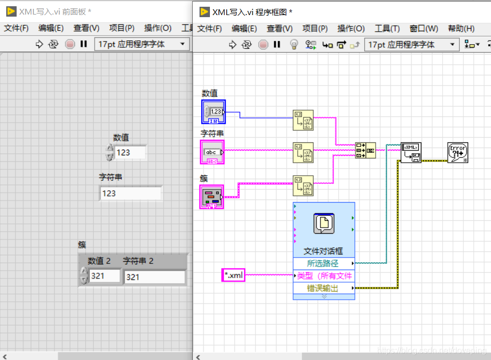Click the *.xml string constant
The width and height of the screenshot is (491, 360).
[233, 275]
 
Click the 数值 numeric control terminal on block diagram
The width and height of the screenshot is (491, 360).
[213, 112]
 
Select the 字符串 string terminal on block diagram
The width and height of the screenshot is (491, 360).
[212, 152]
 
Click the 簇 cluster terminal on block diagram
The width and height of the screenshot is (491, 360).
[211, 197]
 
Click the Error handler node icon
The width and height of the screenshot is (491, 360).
[458, 152]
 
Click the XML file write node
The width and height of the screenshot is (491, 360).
[411, 152]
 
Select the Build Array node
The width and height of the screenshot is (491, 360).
[365, 150]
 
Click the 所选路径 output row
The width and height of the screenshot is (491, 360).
[324, 263]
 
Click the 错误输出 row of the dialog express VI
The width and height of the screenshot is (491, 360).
[324, 288]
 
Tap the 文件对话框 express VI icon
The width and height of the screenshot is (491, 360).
[324, 223]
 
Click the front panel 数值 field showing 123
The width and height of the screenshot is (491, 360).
[129, 152]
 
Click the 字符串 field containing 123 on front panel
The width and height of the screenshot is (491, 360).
[130, 193]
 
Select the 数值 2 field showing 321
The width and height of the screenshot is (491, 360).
[104, 276]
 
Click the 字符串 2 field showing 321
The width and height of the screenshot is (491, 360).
[154, 277]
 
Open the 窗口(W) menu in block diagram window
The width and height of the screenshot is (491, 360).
[423, 29]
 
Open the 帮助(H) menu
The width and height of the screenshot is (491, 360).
[461, 29]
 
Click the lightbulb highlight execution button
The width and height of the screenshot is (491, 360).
[294, 45]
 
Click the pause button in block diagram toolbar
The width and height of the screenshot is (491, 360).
[277, 45]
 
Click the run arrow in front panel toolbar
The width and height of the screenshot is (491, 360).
[39, 44]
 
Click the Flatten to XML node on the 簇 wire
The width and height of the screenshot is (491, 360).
[303, 186]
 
